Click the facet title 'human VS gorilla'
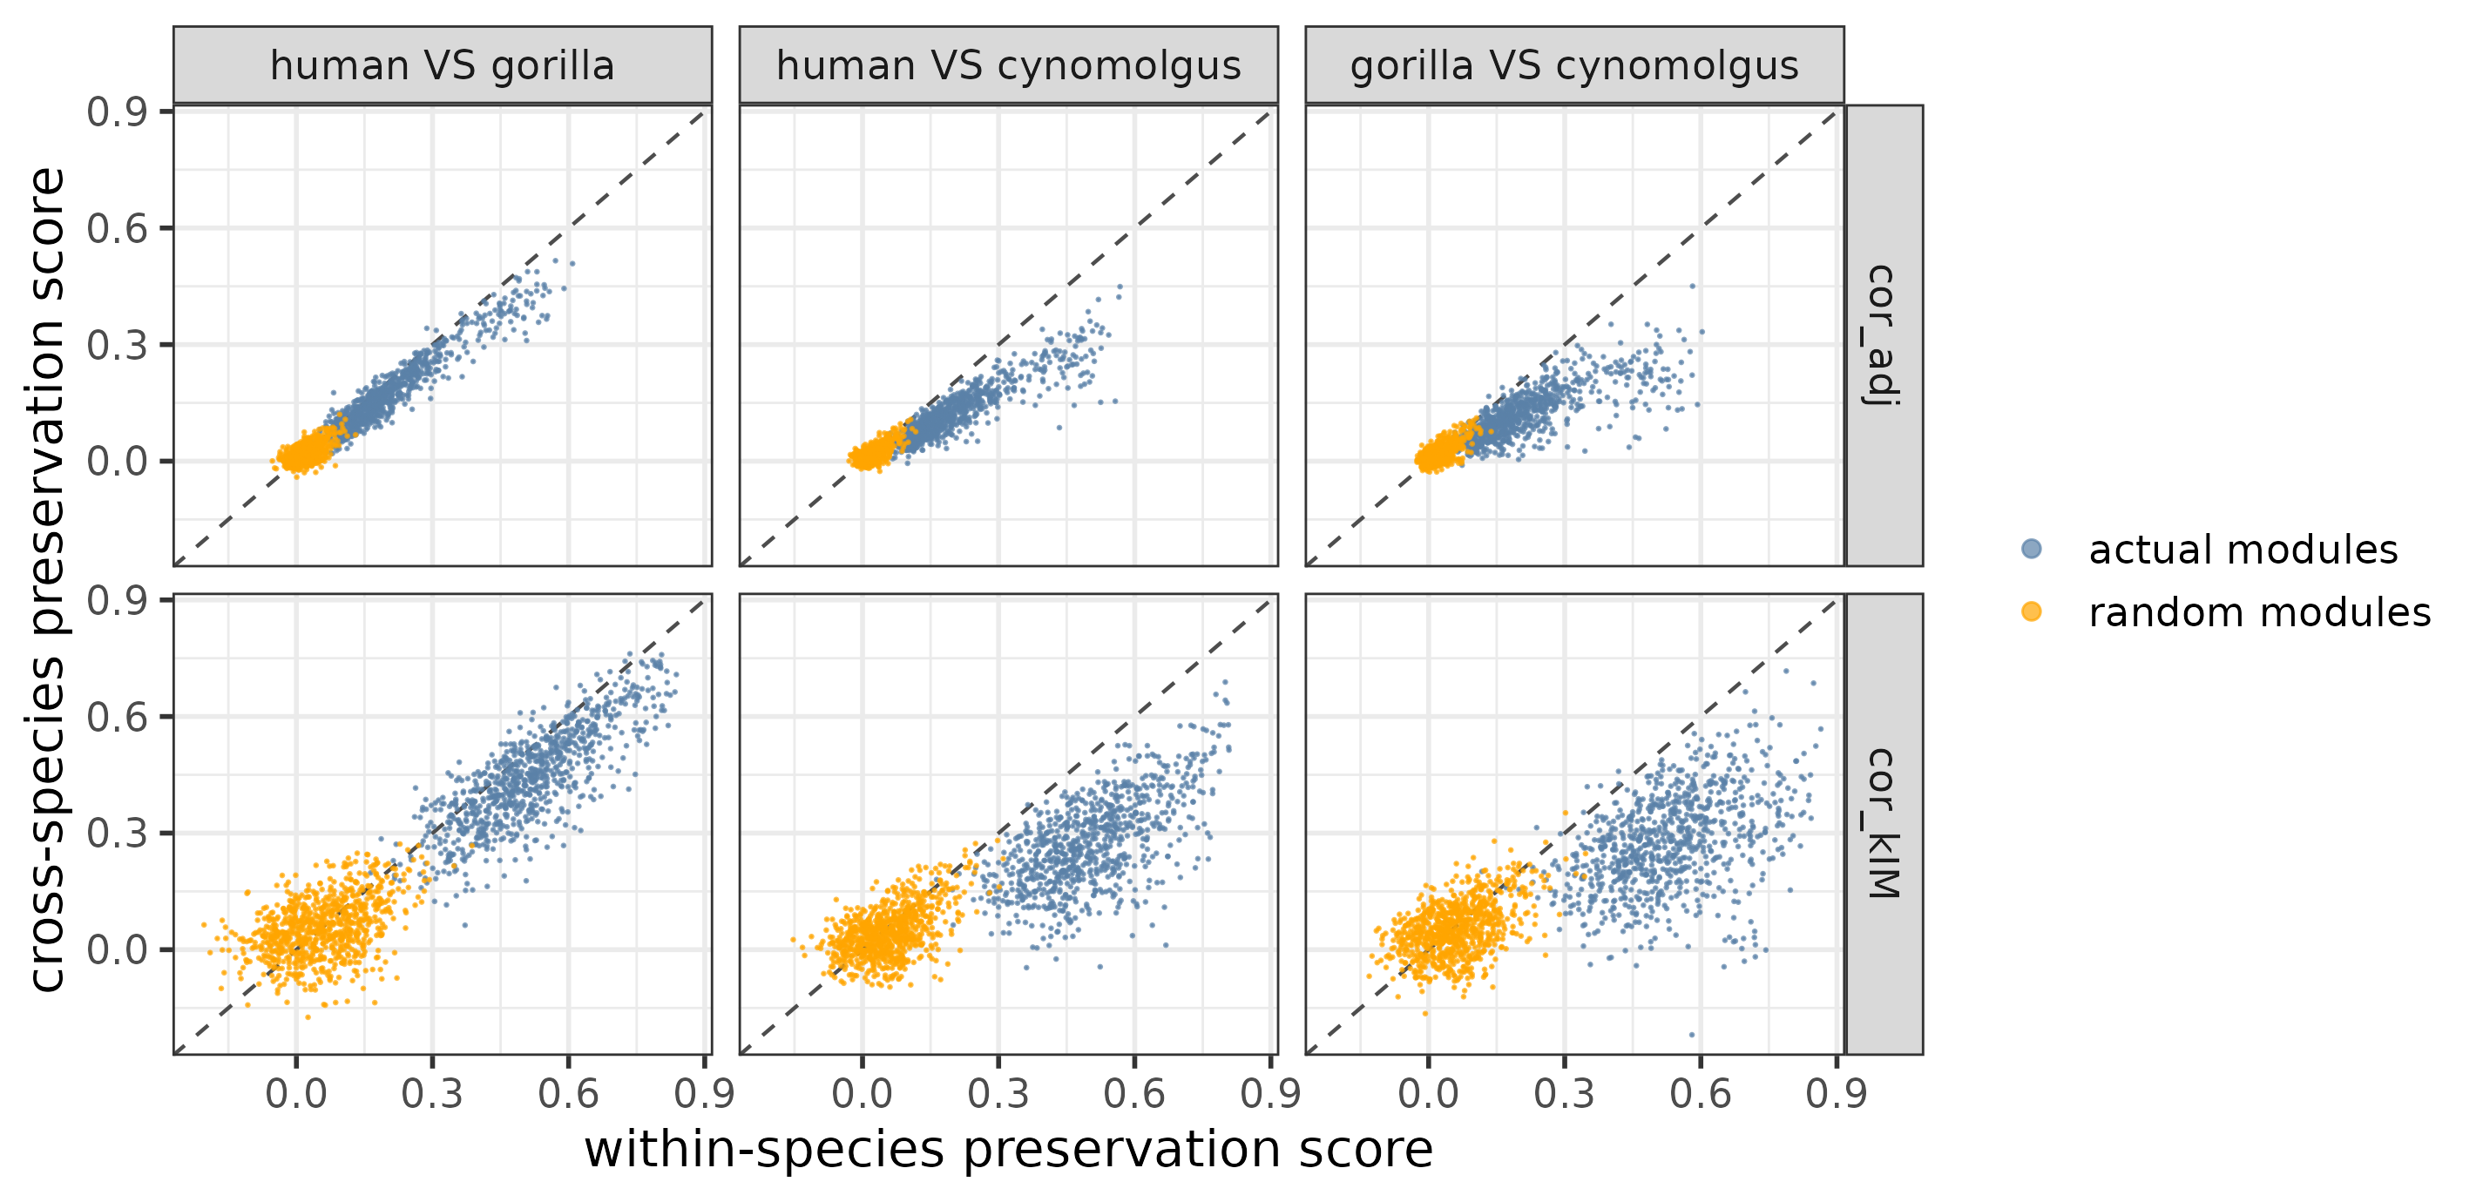click(x=442, y=66)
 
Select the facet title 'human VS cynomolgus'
click(x=1008, y=66)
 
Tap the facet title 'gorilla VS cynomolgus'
click(x=1574, y=66)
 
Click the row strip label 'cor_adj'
click(x=1883, y=334)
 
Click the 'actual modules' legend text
click(x=2242, y=550)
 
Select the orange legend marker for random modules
click(x=2031, y=611)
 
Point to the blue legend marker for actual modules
click(x=2031, y=550)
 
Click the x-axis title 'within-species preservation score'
click(x=1008, y=1149)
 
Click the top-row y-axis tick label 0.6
click(x=117, y=229)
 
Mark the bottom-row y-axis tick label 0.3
click(x=117, y=833)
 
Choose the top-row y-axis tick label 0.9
click(x=117, y=112)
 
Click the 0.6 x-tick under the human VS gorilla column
click(x=568, y=1094)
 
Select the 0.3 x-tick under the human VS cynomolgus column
click(x=998, y=1094)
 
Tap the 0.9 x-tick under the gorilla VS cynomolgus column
click(x=1837, y=1094)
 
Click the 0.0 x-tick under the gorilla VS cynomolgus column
click(x=1428, y=1094)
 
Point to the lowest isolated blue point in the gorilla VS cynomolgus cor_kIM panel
click(x=1692, y=1034)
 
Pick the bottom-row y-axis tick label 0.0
click(x=117, y=949)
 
